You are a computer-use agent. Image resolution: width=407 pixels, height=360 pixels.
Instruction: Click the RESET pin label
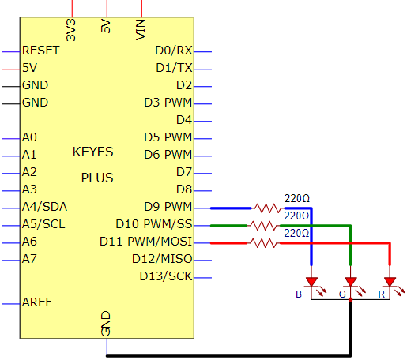(41, 51)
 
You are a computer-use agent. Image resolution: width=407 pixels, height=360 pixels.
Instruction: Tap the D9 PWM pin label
(168, 207)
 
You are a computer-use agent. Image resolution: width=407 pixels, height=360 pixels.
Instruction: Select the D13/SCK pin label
(166, 276)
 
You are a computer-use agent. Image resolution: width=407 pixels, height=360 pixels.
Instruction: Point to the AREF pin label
(37, 302)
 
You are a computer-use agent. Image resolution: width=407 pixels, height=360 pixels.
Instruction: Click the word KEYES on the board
(93, 152)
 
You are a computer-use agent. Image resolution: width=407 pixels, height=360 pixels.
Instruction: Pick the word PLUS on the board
(97, 178)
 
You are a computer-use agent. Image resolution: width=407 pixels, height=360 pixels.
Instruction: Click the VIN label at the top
(141, 30)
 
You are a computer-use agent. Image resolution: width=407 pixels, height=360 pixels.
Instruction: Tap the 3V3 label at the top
(71, 30)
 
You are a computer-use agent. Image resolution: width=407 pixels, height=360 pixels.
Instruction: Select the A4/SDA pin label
(44, 207)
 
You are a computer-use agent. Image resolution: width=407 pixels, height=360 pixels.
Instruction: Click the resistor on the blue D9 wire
(268, 208)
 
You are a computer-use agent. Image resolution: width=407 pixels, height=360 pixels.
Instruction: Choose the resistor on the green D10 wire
(263, 226)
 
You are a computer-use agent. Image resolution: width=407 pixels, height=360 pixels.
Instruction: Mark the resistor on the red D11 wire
(263, 243)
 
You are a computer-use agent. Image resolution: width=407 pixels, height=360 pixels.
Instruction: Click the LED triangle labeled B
(311, 282)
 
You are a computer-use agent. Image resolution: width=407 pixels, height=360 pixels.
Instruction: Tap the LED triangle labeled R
(390, 282)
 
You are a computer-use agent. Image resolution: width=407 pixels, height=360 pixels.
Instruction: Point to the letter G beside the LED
(342, 294)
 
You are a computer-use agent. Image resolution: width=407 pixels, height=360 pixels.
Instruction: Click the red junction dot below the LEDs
(350, 299)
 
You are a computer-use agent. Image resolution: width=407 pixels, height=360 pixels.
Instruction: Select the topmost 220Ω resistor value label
(297, 198)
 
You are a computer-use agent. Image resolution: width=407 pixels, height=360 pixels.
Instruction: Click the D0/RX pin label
(174, 51)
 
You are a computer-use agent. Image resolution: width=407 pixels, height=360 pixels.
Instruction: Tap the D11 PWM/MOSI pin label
(145, 242)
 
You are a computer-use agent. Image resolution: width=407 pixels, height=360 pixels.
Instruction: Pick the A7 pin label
(29, 259)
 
